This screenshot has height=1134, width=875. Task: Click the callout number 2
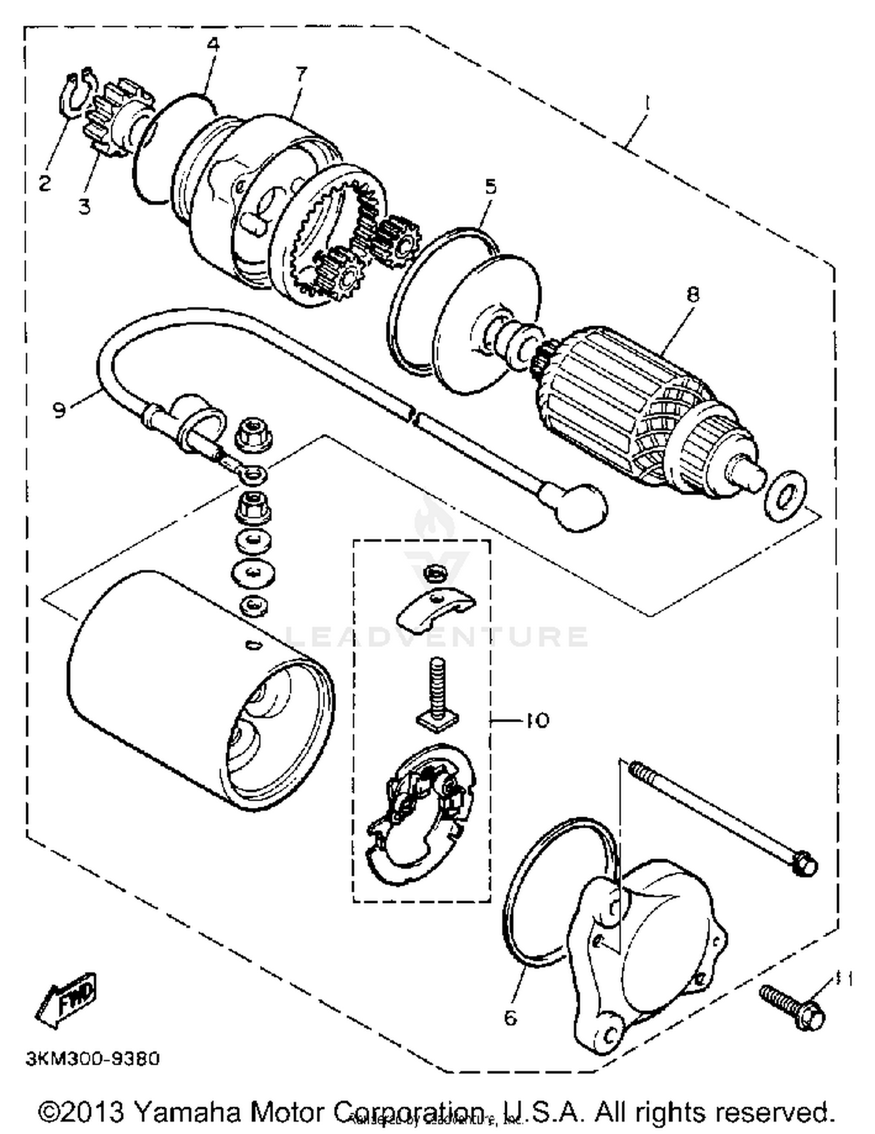tap(44, 183)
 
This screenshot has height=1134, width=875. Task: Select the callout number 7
tap(301, 75)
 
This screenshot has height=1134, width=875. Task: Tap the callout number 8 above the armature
tap(692, 295)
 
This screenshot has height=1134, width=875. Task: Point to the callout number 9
tap(59, 409)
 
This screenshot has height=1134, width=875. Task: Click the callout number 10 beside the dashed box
tap(537, 720)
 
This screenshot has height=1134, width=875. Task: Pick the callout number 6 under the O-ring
tap(510, 1018)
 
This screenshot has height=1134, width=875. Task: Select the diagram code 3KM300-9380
tap(92, 1058)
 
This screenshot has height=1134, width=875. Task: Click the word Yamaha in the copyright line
tap(187, 1112)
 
